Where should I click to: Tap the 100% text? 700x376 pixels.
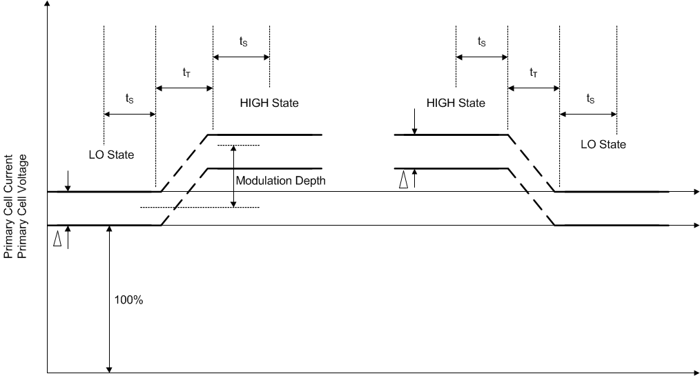click(129, 301)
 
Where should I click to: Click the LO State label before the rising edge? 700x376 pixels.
click(111, 155)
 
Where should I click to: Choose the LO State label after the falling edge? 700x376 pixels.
click(603, 145)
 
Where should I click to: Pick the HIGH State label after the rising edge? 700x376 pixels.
click(269, 103)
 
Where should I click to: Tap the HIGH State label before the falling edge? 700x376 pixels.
click(456, 103)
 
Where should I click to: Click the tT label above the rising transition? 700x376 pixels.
click(187, 72)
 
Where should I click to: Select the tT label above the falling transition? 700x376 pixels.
click(534, 72)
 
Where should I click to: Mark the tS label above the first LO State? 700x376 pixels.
click(130, 99)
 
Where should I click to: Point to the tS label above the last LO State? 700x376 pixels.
click(590, 99)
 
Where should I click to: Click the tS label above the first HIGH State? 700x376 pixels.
click(243, 41)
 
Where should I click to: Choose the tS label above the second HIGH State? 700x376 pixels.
click(482, 41)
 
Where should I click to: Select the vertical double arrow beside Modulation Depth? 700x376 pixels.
click(234, 176)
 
